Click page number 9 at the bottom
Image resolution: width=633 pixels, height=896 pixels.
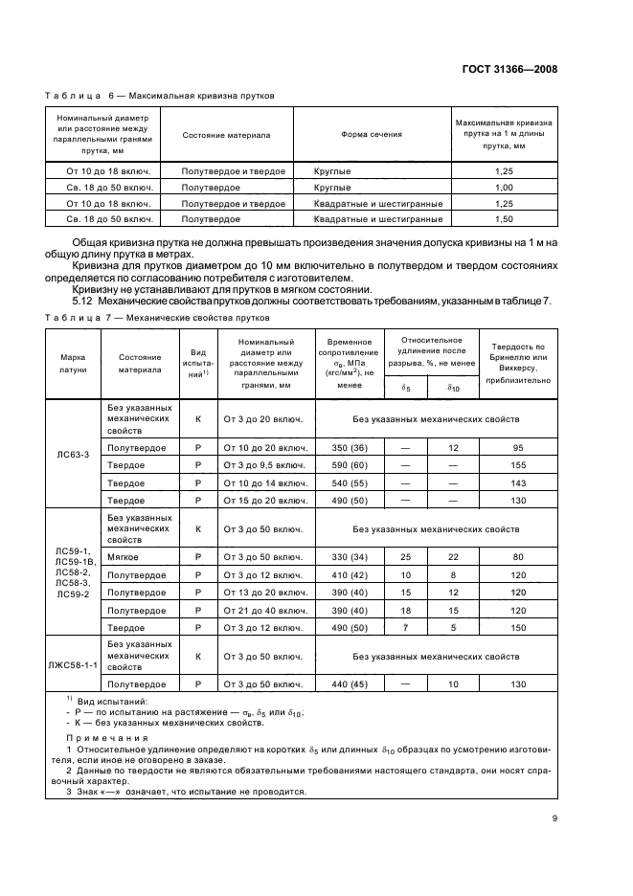(554, 818)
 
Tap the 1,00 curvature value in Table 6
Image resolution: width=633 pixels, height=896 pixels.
(505, 188)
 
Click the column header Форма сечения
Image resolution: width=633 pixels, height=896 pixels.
(371, 135)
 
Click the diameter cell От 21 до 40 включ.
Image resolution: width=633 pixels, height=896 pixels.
(263, 611)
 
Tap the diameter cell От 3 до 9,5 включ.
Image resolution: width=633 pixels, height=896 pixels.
(263, 465)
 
